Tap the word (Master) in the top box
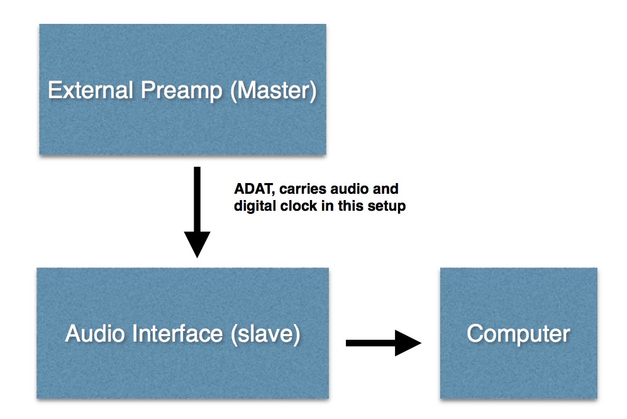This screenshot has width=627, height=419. click(x=272, y=91)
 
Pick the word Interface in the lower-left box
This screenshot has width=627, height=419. click(x=179, y=333)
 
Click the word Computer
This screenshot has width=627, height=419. click(x=518, y=333)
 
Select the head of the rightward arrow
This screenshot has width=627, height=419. click(x=408, y=343)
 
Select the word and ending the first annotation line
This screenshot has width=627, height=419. click(x=386, y=189)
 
